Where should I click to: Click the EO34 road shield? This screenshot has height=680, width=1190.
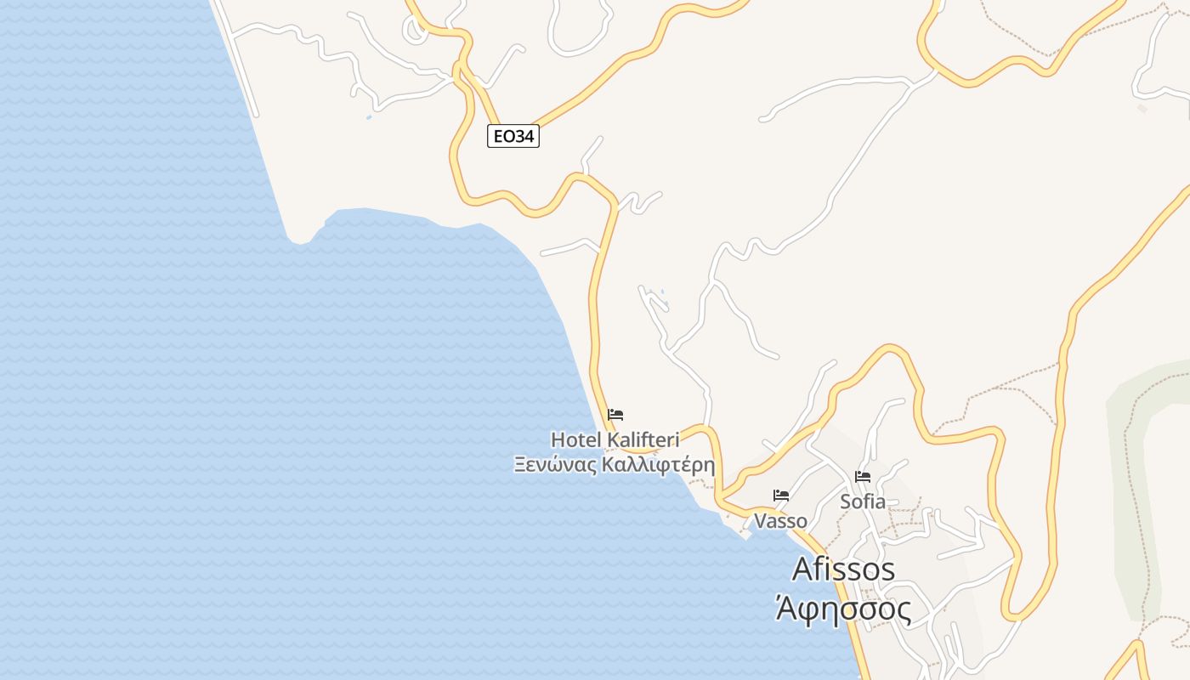click(x=513, y=136)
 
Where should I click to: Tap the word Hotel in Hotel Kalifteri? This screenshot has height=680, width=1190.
click(x=576, y=440)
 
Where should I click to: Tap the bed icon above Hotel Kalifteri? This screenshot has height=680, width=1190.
click(x=616, y=415)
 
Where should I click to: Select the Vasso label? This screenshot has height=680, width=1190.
click(x=780, y=521)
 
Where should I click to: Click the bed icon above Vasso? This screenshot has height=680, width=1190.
click(x=781, y=495)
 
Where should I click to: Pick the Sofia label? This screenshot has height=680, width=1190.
click(x=863, y=501)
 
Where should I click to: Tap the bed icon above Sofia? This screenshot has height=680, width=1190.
click(x=863, y=476)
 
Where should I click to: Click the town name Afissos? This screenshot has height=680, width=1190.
click(x=843, y=569)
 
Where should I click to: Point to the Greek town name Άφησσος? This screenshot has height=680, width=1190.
click(x=843, y=609)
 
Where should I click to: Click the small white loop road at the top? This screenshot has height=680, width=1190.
click(x=416, y=31)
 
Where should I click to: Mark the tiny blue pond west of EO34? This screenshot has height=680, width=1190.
click(x=369, y=116)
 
